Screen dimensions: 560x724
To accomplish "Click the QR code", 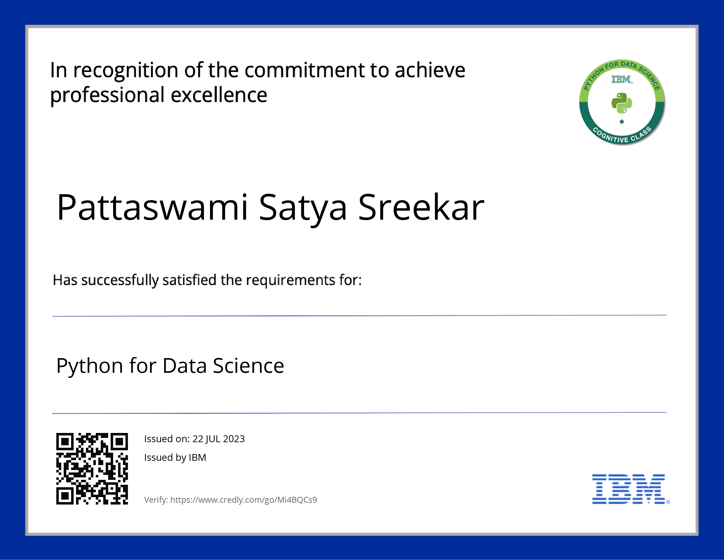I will pos(92,468).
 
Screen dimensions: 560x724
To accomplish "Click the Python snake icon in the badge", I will pos(622,103).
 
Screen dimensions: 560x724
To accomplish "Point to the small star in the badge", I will pos(622,122).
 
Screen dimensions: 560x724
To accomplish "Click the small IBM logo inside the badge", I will pos(622,79).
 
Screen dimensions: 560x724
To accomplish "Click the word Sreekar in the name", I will pos(421,207).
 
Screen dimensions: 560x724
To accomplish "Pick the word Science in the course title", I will pos(248,366).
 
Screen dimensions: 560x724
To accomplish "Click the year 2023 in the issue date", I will pos(234,439).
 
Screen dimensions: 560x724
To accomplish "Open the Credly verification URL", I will pos(243,500).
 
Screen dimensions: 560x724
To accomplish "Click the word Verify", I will pos(156,500).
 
